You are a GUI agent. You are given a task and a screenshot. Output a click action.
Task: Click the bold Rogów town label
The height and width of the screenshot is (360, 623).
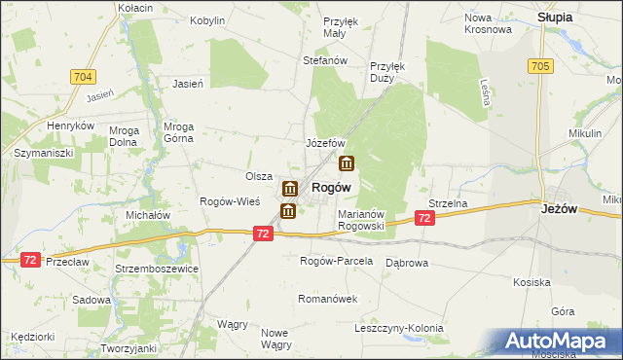331,187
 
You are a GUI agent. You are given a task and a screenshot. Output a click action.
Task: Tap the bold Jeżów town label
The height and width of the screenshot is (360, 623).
561,207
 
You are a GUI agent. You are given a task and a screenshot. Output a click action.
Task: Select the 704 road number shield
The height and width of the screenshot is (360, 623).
83,75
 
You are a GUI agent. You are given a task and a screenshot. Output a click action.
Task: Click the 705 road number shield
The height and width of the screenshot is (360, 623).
541,65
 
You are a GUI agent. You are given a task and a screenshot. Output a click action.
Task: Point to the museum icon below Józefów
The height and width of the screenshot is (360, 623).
346,163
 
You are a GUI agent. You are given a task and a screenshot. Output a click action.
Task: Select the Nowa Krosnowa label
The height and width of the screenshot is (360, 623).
488,22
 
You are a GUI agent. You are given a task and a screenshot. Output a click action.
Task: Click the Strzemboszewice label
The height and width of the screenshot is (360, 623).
156,268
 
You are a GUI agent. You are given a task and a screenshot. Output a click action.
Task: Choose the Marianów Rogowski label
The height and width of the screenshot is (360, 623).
362,219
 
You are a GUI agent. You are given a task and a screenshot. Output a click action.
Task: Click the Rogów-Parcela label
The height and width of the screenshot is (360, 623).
336,261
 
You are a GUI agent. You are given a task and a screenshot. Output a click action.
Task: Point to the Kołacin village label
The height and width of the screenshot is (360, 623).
135,8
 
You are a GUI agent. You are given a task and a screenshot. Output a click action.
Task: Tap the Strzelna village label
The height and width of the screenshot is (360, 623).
449,203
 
